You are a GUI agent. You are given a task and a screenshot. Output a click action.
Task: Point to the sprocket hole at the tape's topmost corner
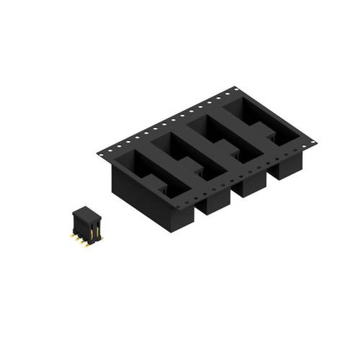(x=235, y=90)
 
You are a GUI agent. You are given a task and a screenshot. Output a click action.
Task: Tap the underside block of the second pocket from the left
(x=212, y=203)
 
